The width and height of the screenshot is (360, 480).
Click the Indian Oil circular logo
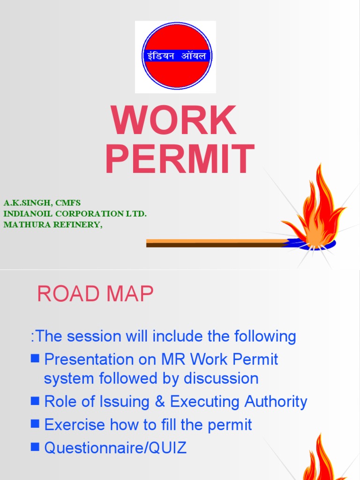tap(177, 56)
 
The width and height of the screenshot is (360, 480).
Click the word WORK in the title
tap(174, 121)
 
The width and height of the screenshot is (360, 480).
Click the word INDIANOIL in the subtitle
tap(26, 214)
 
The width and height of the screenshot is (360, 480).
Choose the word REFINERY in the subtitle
tap(76, 224)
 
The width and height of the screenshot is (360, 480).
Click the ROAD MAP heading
tap(95, 294)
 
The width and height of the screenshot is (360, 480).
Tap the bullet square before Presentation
tap(35, 359)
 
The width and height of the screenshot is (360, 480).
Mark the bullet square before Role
tap(35, 401)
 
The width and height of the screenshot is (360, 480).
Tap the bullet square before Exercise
tap(35, 424)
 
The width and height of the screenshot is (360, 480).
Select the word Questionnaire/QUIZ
tap(115, 448)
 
